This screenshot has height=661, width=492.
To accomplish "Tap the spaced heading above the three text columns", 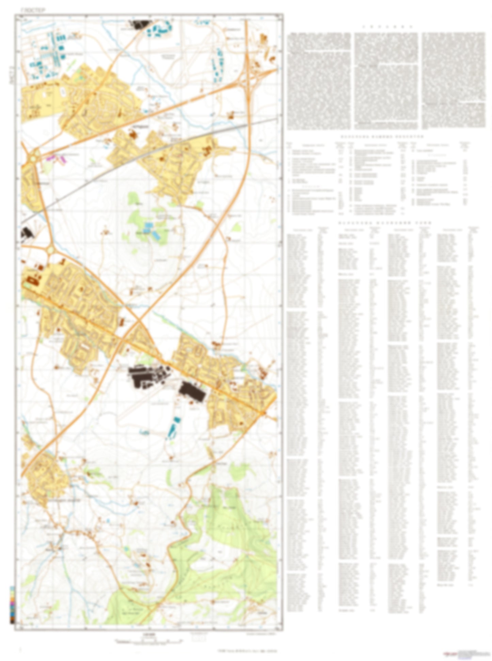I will pyautogui.click(x=387, y=27).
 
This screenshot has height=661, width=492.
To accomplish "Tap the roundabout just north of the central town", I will pyautogui.click(x=51, y=250).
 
